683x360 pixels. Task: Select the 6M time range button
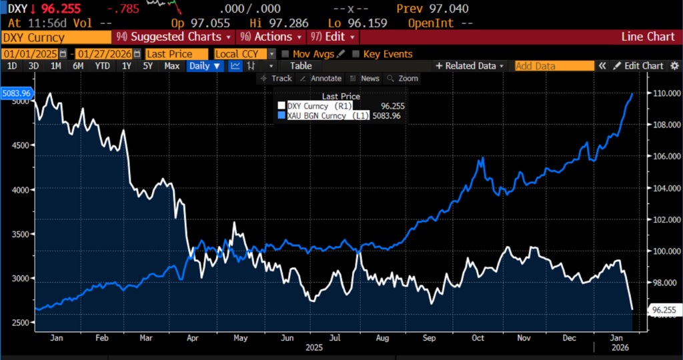[x=78, y=66]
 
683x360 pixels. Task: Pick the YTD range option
[x=102, y=66]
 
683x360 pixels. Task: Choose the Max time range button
[x=172, y=66]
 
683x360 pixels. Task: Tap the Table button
[x=301, y=66]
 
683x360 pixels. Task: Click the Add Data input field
[x=554, y=66]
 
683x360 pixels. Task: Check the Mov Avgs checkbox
[x=286, y=54]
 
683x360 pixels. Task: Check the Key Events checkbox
[x=356, y=54]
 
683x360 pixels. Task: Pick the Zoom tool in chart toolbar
[x=403, y=79]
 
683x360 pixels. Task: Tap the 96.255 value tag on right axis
[x=665, y=310]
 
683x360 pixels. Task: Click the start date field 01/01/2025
[x=30, y=54]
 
